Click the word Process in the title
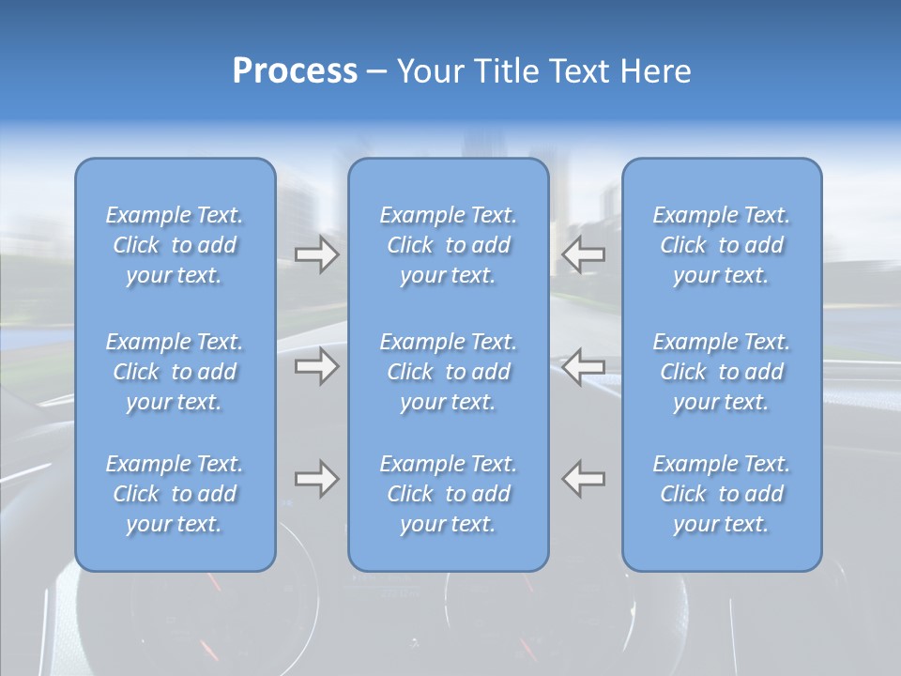295,71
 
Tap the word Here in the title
656,71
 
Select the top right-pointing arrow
317,254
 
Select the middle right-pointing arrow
317,366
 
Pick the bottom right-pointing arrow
317,479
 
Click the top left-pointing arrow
584,254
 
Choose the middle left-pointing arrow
584,366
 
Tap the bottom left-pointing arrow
584,479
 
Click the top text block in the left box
175,245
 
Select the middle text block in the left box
175,372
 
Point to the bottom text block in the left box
175,494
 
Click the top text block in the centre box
449,245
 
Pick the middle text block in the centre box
449,372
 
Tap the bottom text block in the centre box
449,494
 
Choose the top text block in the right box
722,245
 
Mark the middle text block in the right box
722,372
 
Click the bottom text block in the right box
722,494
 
